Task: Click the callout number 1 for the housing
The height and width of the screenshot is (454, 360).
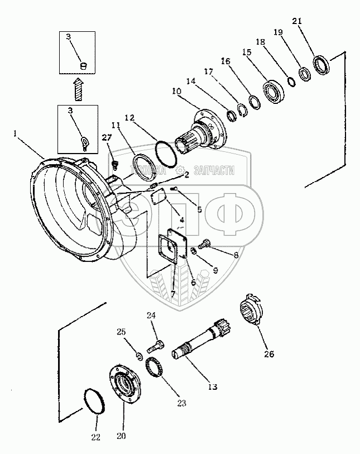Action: (17, 134)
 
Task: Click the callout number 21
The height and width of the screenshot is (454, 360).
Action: (297, 22)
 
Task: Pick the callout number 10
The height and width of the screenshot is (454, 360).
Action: (176, 91)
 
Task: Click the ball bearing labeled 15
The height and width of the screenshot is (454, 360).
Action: (274, 91)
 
